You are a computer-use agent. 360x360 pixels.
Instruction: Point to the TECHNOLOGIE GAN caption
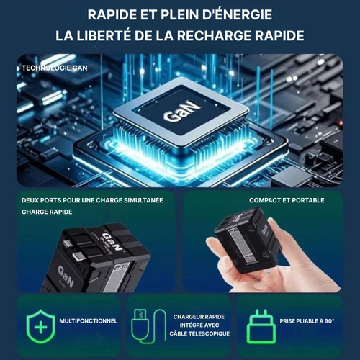(x=55, y=68)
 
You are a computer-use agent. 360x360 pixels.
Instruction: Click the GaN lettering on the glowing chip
(x=181, y=111)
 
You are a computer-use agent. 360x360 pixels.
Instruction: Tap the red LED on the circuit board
(x=340, y=123)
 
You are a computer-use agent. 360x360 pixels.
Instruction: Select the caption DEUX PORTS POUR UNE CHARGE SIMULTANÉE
(x=92, y=200)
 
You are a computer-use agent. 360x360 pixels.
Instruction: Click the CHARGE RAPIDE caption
(x=47, y=212)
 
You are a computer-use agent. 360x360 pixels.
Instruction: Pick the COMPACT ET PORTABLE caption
(x=287, y=200)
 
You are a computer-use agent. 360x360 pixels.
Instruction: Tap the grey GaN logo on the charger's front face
(x=66, y=276)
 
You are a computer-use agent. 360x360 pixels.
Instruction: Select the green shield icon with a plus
(x=41, y=326)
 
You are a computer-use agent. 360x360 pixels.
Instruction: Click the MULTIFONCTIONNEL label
(x=89, y=321)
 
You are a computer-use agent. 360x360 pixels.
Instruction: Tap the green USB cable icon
(x=149, y=326)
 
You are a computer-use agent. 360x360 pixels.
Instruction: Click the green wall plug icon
(x=261, y=326)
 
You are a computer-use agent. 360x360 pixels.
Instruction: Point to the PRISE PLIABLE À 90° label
(x=307, y=321)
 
